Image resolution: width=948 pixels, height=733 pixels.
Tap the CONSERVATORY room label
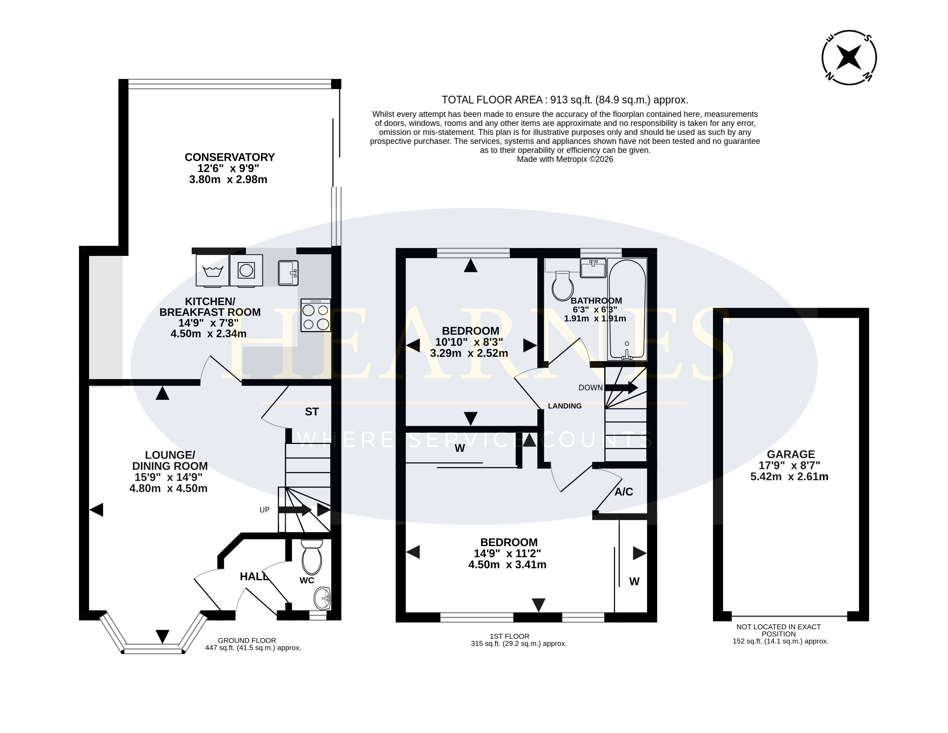[230, 157]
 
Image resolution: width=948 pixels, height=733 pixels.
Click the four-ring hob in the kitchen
[315, 316]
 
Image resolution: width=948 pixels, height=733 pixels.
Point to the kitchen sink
[288, 273]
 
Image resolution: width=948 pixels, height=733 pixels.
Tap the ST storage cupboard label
[312, 412]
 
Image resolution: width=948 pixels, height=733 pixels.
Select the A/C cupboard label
[624, 492]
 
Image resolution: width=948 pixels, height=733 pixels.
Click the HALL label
[254, 576]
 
